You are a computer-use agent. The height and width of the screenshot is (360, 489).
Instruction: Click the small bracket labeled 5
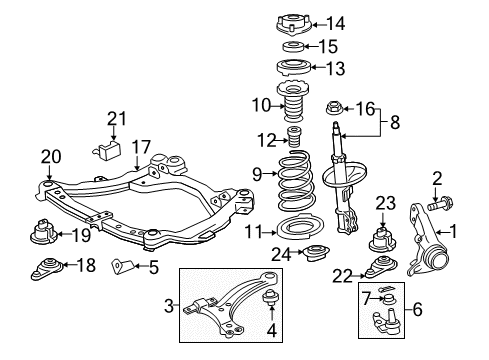click(x=121, y=267)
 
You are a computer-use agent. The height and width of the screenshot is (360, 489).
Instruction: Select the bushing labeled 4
click(x=269, y=299)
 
